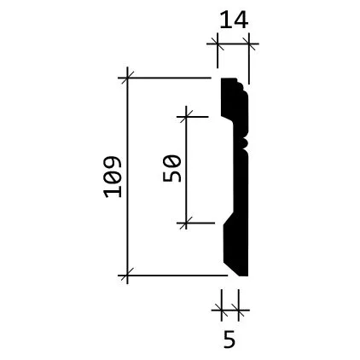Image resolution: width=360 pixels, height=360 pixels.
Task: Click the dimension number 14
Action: (234, 20)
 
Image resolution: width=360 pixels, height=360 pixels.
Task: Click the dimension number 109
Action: (113, 177)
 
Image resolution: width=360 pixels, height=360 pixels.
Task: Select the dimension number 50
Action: (172, 168)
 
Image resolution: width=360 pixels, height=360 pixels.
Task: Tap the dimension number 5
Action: (229, 339)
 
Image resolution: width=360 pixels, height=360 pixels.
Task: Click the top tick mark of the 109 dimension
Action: (127, 78)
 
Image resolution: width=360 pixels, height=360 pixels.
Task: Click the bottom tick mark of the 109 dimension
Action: (127, 276)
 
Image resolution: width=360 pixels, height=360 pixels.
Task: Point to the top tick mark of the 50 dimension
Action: (186, 117)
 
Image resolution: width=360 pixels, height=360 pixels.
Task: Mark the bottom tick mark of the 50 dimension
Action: (186, 224)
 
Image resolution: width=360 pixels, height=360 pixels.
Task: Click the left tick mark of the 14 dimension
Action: (218, 44)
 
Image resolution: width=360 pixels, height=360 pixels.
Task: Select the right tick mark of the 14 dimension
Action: (249, 44)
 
